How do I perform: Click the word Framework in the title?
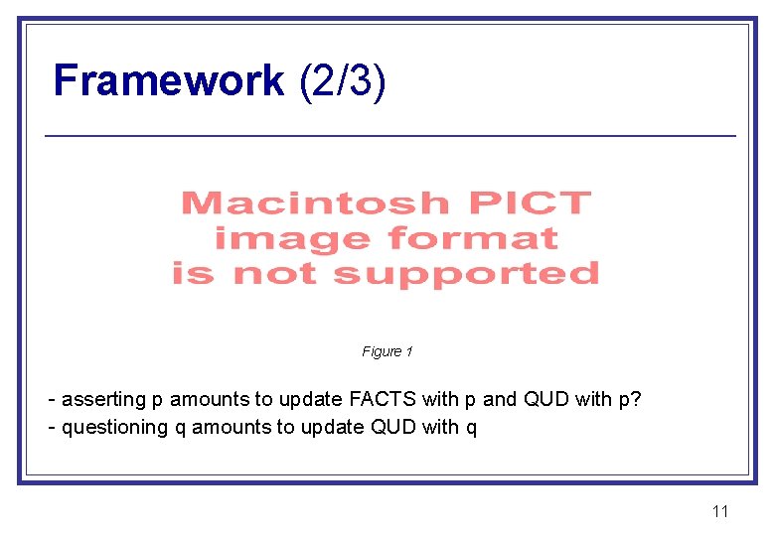pyautogui.click(x=168, y=80)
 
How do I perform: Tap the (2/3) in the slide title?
pyautogui.click(x=342, y=80)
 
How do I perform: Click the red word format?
pyautogui.click(x=473, y=239)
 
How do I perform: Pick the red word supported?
pyautogui.click(x=466, y=273)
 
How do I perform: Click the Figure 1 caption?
pyautogui.click(x=387, y=351)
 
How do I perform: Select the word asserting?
pyautogui.click(x=103, y=400)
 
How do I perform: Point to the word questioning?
pyautogui.click(x=115, y=428)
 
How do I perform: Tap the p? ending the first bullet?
pyautogui.click(x=631, y=400)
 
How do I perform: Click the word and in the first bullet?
pyautogui.click(x=499, y=400)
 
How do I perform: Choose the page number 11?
pyautogui.click(x=720, y=511)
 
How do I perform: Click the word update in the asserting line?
pyautogui.click(x=311, y=400)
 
